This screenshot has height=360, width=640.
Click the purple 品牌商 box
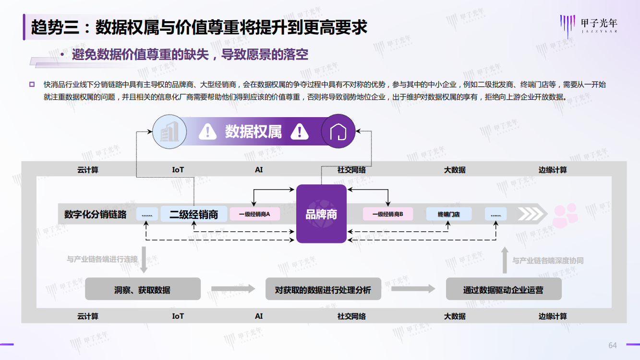point(321,214)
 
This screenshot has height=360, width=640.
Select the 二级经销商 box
point(193,214)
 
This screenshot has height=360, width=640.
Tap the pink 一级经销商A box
point(254,214)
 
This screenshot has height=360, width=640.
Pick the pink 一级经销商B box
point(388,214)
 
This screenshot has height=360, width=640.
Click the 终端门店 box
point(449,214)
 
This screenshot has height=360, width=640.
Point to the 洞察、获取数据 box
point(143,289)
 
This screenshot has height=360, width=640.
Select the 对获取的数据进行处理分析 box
point(323,289)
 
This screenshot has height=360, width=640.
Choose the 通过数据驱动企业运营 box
point(504,289)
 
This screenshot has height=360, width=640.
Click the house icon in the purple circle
point(338,132)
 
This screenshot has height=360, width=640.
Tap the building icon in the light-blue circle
point(169,132)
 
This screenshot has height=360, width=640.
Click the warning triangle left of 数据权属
point(208,132)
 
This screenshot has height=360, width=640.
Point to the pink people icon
point(565,216)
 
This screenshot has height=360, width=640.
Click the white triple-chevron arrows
point(530,214)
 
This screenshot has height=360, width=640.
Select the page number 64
point(613,346)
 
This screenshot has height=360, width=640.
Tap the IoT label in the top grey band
point(178,170)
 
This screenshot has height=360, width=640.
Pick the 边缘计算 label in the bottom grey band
point(553,316)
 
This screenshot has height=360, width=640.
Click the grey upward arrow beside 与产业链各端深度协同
point(505,260)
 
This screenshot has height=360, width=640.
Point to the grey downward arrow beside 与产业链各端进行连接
point(144,260)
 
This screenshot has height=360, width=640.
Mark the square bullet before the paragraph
point(32,84)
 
